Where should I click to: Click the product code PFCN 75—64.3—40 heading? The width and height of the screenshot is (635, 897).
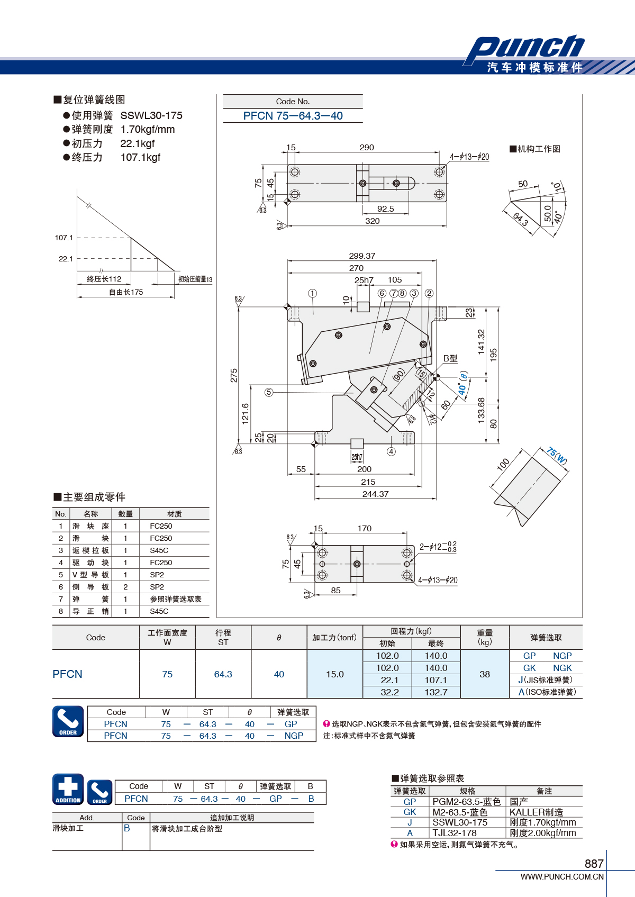[293, 116]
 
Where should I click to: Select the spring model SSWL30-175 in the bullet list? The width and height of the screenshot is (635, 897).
[151, 115]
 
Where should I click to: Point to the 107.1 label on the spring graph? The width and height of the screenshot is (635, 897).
[64, 238]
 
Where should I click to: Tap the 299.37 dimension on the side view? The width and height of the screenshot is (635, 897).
[362, 256]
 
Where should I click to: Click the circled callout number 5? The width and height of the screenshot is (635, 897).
[269, 392]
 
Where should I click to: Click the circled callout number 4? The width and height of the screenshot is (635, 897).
[391, 451]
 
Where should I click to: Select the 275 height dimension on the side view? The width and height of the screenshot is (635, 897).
[234, 375]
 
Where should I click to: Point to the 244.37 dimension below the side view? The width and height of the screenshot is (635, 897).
[375, 494]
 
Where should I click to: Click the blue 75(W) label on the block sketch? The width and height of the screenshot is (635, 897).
[557, 455]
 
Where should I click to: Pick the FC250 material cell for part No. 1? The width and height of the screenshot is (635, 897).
[161, 526]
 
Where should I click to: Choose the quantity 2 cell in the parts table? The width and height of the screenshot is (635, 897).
[125, 587]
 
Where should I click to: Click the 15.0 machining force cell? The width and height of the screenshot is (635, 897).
[334, 674]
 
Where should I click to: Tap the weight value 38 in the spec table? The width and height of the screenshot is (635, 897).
[485, 674]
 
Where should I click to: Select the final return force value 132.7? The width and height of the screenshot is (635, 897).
[436, 692]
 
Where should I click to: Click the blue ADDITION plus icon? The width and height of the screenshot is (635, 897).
[68, 789]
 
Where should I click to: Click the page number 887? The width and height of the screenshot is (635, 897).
[594, 864]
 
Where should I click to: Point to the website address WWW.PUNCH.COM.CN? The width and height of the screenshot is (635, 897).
[562, 877]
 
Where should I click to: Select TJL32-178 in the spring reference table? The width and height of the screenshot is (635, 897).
[454, 833]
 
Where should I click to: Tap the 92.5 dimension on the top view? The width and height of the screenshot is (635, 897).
[385, 209]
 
